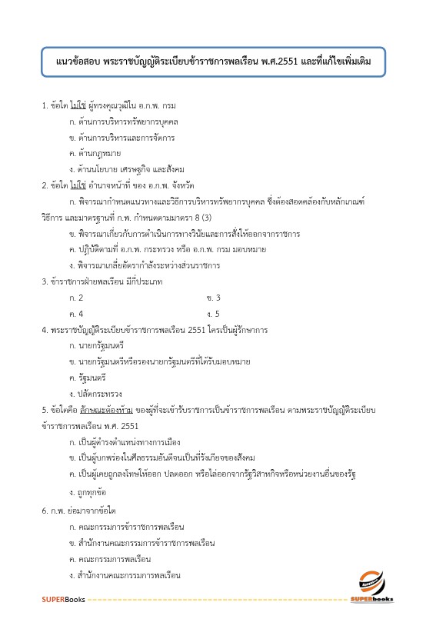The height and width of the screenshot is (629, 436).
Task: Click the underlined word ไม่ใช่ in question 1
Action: [77, 105]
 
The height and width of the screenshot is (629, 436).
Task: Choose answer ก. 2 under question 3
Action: [75, 298]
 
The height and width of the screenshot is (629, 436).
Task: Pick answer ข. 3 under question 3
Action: [214, 298]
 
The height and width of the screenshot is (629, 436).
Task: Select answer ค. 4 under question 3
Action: [75, 314]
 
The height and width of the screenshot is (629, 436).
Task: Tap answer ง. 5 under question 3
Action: [214, 314]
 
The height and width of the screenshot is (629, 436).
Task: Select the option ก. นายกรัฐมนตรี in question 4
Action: [96, 346]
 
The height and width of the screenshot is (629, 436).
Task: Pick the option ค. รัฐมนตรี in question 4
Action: [88, 378]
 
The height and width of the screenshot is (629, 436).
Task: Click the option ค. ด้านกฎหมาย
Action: [95, 153]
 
